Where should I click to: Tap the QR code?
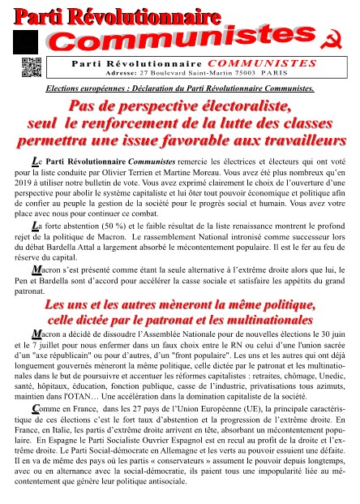[x=31, y=68]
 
